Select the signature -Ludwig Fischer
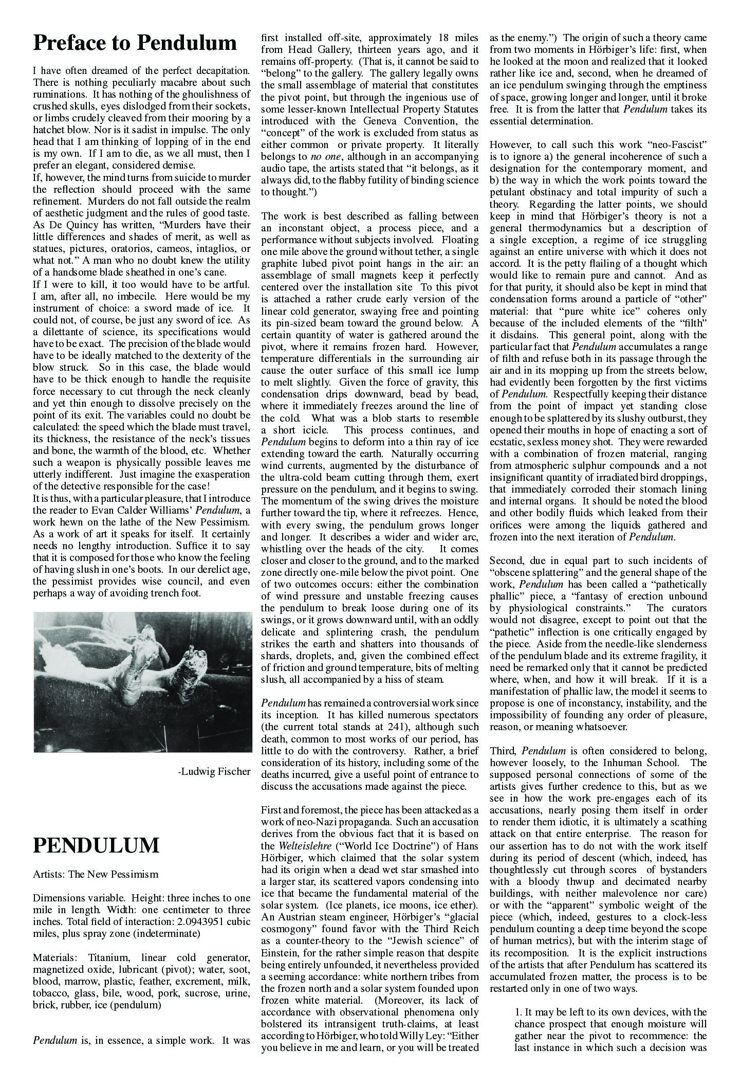coord(213,771)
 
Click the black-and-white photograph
coord(142,681)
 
